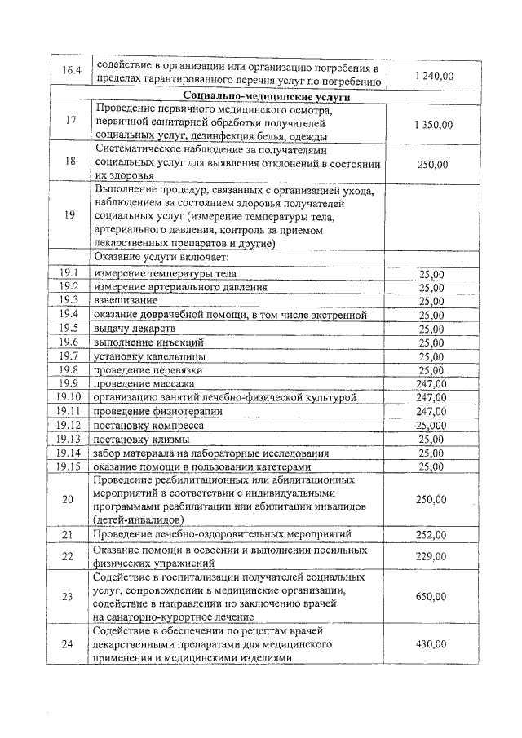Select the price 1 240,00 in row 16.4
tap(434, 76)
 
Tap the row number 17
tap(69, 124)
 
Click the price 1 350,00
tap(434, 124)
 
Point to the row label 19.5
tap(69, 328)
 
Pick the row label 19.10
tap(69, 397)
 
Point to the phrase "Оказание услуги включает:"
tap(155, 257)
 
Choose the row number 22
tap(69, 556)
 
